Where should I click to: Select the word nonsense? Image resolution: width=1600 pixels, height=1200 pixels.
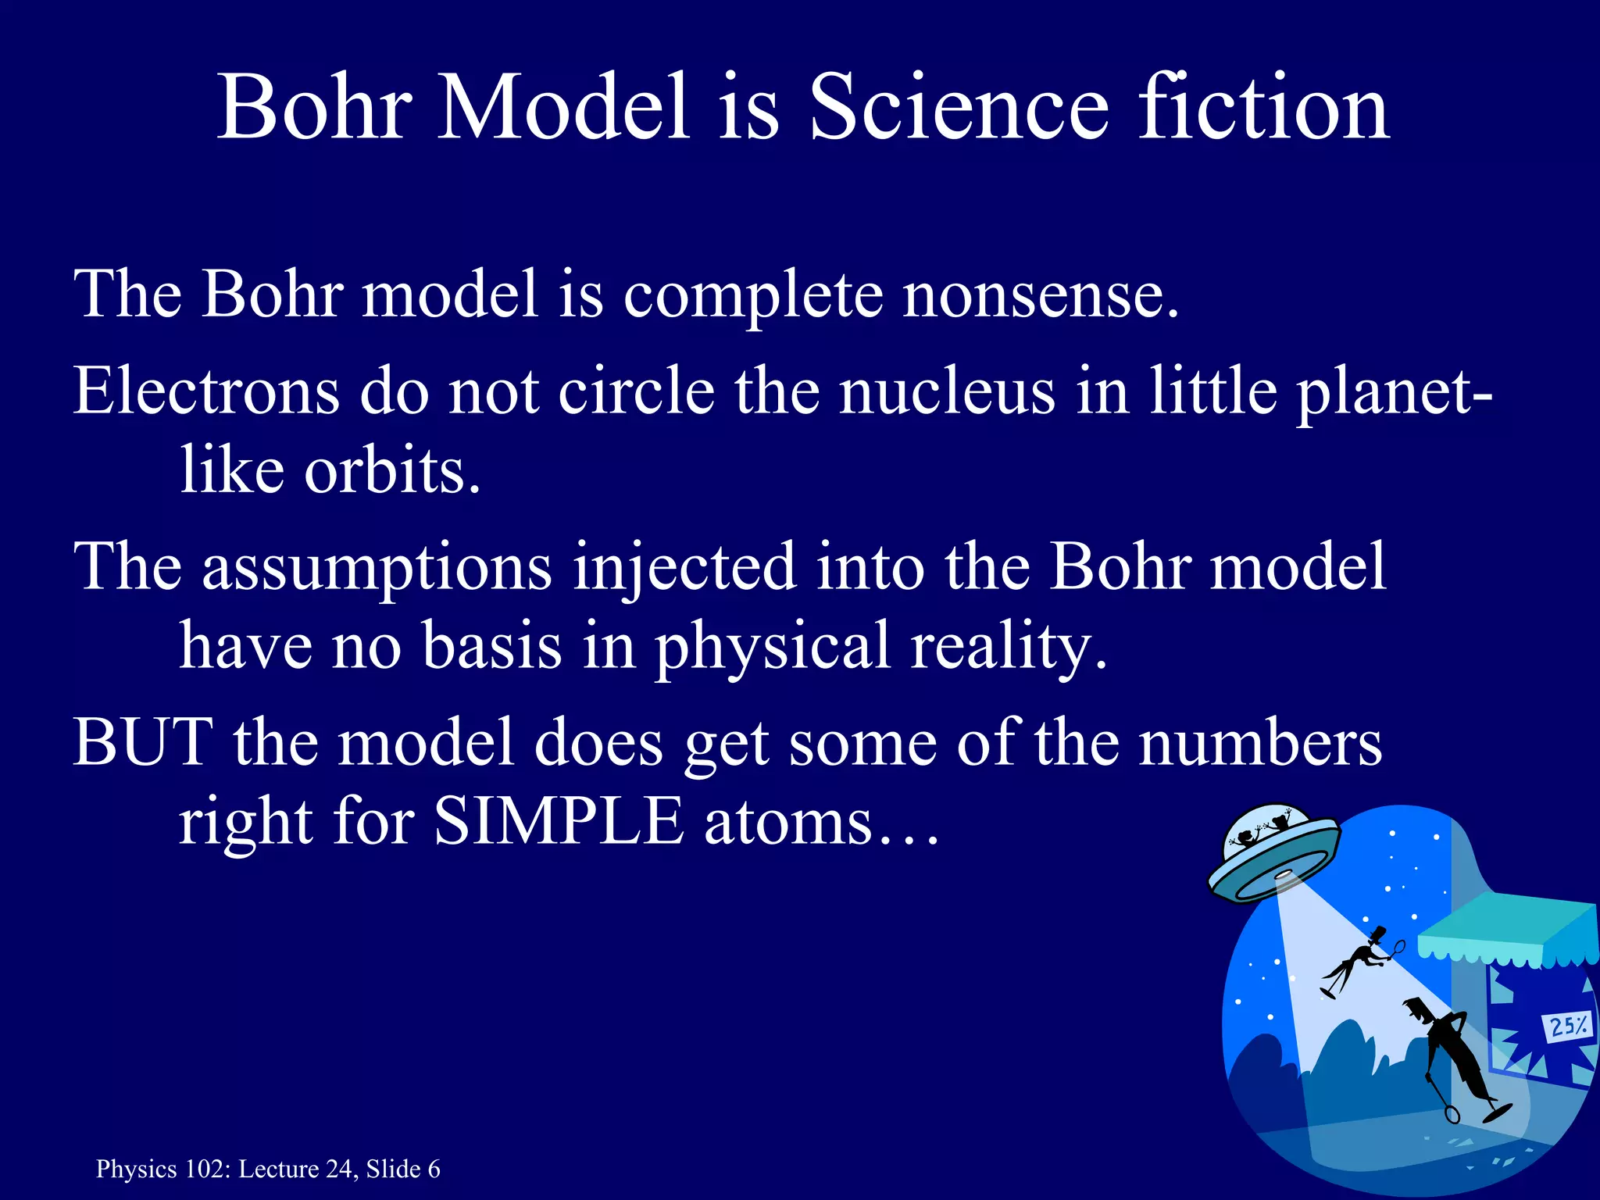[x=1040, y=295]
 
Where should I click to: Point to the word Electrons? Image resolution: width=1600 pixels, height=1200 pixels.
[x=207, y=391]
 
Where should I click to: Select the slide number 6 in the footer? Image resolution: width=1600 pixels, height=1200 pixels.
[x=434, y=1169]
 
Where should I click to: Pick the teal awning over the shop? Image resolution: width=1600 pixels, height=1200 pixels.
[x=1508, y=934]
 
